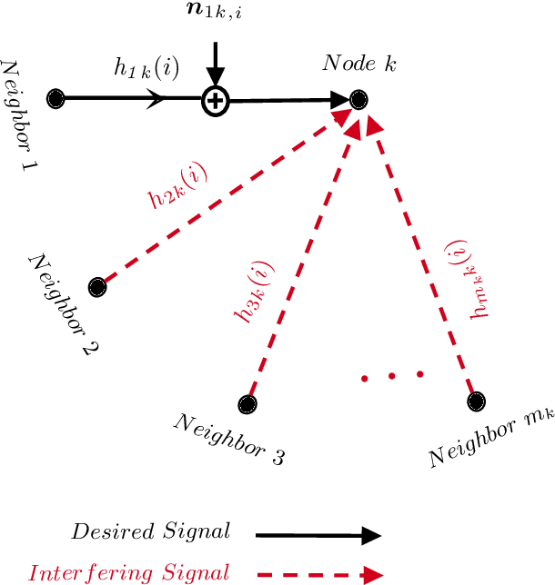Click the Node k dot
point(359,99)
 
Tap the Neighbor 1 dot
point(56,98)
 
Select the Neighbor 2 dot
point(96,288)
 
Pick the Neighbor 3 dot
point(247,404)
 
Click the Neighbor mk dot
point(475,400)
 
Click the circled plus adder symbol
point(214,100)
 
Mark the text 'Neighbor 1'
point(17,116)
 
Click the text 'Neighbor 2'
point(64,302)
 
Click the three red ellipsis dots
point(392,375)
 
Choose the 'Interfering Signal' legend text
point(128,573)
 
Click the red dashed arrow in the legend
point(318,574)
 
